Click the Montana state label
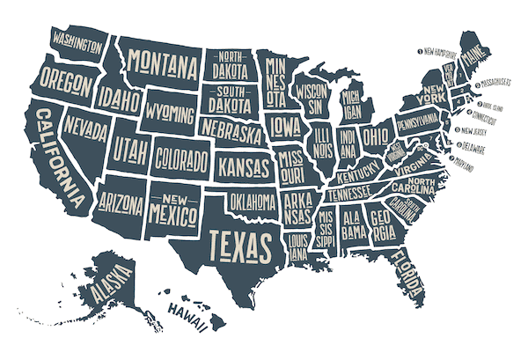tap(161, 62)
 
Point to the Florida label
tap(407, 268)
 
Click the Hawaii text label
tap(187, 310)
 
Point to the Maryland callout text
tap(476, 165)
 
